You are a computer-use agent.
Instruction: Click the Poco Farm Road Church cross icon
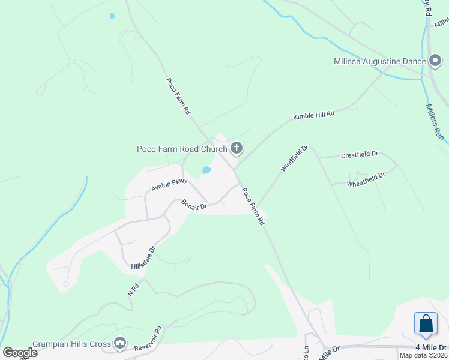[237, 148]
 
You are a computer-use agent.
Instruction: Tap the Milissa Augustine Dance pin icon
[436, 61]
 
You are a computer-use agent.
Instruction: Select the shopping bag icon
[426, 323]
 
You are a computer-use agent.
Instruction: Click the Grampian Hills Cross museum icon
[119, 343]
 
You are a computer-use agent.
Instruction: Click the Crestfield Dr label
[360, 154]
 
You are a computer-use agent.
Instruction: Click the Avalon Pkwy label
[169, 185]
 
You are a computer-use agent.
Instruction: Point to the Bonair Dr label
[194, 204]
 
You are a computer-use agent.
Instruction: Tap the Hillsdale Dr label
[143, 257]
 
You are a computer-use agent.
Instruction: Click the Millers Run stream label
[435, 122]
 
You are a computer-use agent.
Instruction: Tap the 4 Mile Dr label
[432, 347]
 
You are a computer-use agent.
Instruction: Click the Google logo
[20, 353]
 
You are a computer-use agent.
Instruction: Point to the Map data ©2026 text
[423, 355]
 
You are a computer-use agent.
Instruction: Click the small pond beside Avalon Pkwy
[206, 170]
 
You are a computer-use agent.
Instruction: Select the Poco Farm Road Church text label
[182, 149]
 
